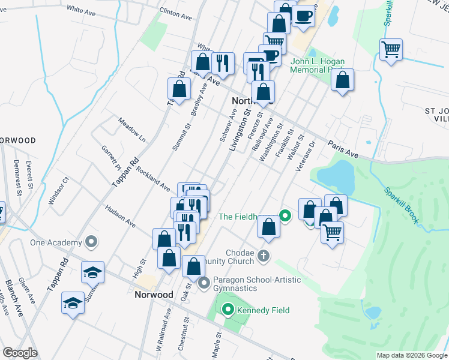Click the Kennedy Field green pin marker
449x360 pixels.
228,310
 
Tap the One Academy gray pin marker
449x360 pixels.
91,242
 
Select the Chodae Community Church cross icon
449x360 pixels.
263,257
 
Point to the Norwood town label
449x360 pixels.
154,295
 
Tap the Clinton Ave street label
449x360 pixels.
175,14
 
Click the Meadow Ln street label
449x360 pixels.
132,129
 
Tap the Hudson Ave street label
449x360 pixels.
120,216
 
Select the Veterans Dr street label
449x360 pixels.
305,155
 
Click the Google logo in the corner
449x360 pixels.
19,353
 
